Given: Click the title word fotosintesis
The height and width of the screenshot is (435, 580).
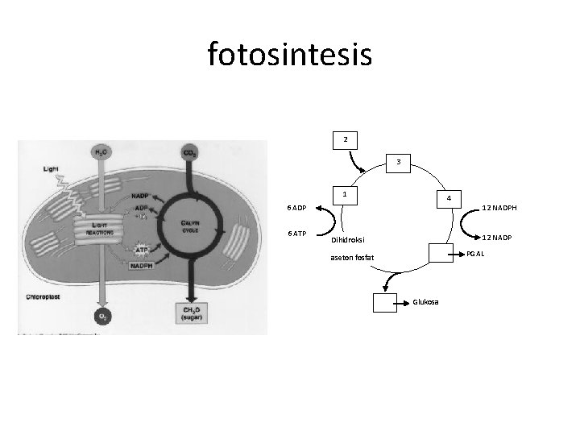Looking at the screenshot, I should click(x=289, y=55).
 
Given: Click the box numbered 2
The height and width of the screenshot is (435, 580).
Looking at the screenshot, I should click(x=346, y=140).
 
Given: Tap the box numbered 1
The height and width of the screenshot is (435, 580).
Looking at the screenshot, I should click(x=345, y=195).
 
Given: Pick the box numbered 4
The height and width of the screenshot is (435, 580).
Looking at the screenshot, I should click(x=449, y=198).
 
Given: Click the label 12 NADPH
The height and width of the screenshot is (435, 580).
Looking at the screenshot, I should click(x=499, y=209).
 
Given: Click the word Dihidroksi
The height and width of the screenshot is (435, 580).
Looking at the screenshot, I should click(x=350, y=239).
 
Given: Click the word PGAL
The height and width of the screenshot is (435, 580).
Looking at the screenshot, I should click(x=475, y=255).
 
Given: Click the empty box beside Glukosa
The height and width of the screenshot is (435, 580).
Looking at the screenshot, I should click(x=385, y=302).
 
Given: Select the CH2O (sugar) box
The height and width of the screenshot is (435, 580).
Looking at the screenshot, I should click(x=192, y=314).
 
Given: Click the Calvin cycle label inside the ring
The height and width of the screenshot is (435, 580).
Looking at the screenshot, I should click(x=190, y=227).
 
